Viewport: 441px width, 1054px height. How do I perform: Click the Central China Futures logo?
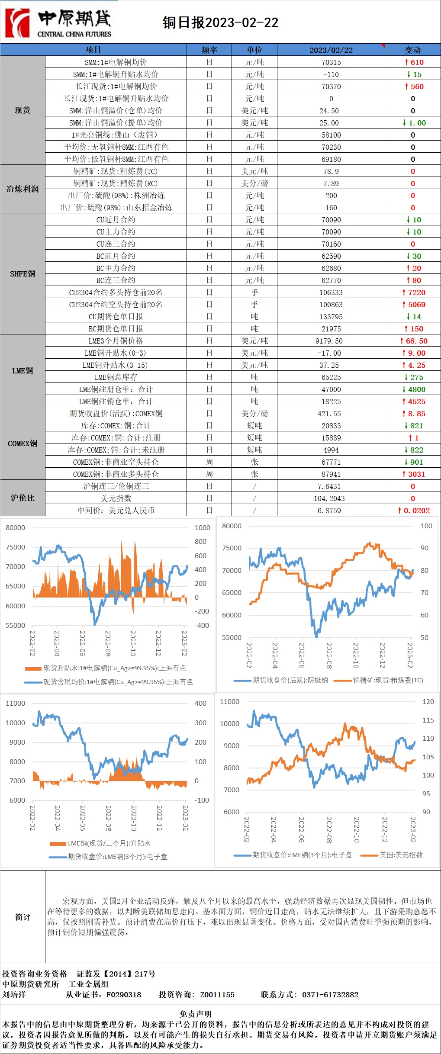click(59, 22)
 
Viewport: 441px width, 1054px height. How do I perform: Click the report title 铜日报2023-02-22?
click(220, 22)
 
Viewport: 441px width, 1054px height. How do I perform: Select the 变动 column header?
click(412, 50)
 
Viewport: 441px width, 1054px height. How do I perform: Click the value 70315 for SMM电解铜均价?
click(331, 62)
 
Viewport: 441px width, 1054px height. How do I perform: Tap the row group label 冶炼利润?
click(23, 189)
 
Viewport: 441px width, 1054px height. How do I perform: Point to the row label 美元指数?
click(116, 498)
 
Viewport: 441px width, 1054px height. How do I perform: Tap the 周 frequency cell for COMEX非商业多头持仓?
click(209, 474)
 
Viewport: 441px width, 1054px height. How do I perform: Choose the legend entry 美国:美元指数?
click(401, 855)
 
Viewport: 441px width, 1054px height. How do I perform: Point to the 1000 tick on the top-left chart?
click(202, 528)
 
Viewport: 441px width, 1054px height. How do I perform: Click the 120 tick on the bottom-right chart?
click(428, 702)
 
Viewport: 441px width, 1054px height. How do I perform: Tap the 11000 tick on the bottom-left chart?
click(15, 704)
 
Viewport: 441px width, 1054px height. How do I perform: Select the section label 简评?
click(23, 917)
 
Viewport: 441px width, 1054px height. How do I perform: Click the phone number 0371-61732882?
click(330, 995)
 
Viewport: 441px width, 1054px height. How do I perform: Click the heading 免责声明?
click(196, 1014)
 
